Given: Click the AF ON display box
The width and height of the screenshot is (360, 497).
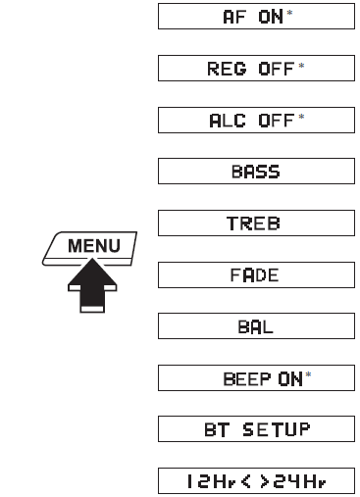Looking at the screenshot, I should (x=256, y=17).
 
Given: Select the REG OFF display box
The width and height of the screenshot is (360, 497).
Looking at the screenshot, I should (x=256, y=69).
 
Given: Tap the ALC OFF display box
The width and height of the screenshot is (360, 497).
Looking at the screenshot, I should (x=256, y=121).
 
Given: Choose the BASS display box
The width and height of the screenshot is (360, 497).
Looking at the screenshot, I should (x=256, y=173).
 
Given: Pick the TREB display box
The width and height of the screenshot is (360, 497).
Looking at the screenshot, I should (x=256, y=224).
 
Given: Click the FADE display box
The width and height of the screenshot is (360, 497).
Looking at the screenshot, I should (x=256, y=275).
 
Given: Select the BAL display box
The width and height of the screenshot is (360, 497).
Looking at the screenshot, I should (x=256, y=327).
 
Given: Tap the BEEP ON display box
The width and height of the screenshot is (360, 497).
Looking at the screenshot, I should (x=256, y=378).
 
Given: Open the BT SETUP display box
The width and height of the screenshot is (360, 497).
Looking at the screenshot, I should (x=256, y=429).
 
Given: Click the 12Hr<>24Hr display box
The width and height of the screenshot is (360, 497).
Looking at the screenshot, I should (x=256, y=481).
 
